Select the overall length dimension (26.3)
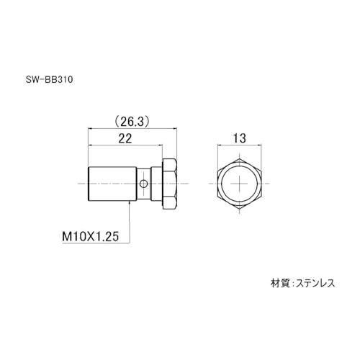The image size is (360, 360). (131, 122)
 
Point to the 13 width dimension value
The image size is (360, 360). (240, 138)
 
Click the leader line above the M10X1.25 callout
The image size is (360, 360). (130, 216)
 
